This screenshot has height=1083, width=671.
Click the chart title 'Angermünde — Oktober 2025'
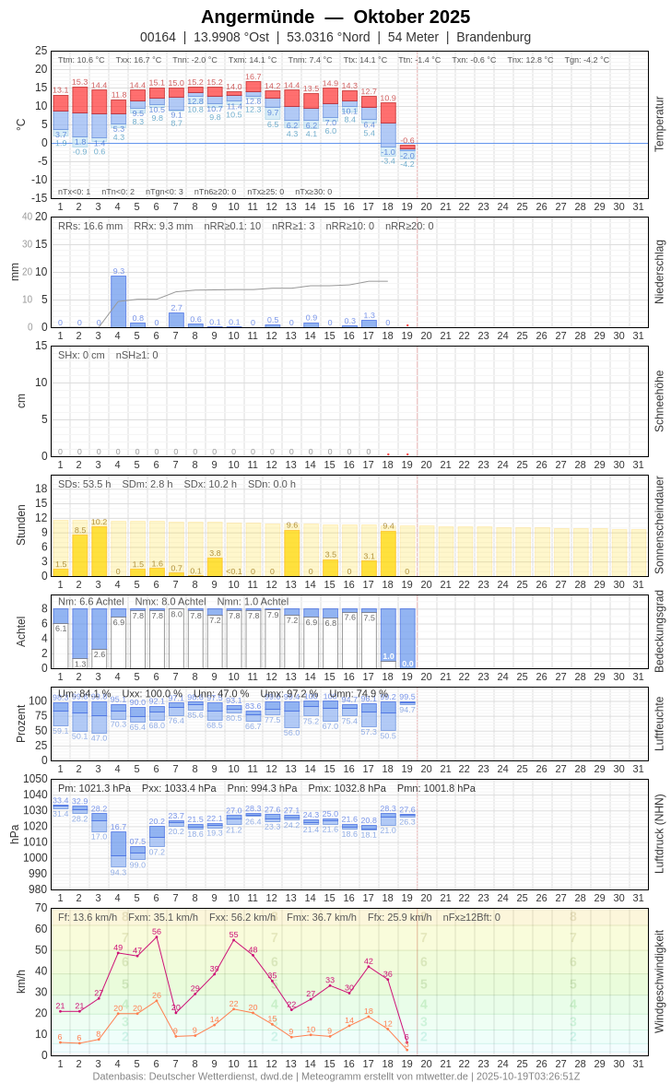(x=335, y=17)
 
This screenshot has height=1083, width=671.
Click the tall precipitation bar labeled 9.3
(x=118, y=301)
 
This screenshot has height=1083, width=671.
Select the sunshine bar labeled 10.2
(x=99, y=551)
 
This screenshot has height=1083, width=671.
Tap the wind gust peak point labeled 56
(x=157, y=936)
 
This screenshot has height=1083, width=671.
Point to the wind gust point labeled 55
(x=234, y=939)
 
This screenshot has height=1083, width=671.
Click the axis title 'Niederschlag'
(x=659, y=272)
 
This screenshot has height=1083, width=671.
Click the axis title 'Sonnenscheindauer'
(x=659, y=524)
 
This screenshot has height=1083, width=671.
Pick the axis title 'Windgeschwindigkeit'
(x=659, y=981)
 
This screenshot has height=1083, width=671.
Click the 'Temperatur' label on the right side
(x=659, y=124)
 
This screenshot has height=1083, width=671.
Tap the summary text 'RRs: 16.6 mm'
(x=90, y=226)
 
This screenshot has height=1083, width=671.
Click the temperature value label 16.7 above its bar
(x=253, y=77)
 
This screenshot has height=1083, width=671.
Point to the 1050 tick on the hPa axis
(x=36, y=779)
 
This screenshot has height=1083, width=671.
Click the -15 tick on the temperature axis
(x=38, y=197)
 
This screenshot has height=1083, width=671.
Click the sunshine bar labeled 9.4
(x=388, y=553)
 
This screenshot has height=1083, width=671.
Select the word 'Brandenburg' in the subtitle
(x=493, y=37)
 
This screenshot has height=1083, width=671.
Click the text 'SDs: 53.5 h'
(x=85, y=484)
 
